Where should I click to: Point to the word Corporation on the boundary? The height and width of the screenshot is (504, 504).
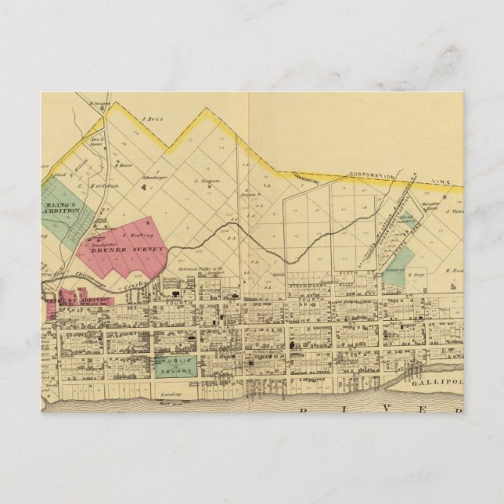(x=372, y=177)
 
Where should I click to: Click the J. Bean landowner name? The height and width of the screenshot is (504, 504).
(x=150, y=120)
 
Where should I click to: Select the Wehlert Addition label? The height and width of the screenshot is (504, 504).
(x=78, y=301)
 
